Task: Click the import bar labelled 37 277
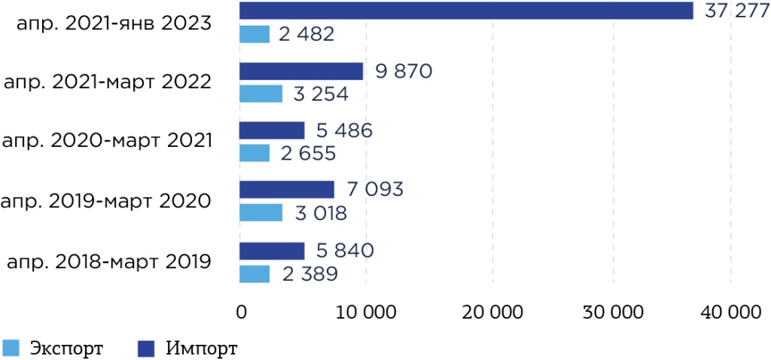pos(466,11)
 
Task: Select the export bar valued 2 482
pos(254,35)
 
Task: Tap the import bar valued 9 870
pos(301,72)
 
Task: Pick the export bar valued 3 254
pos(261,94)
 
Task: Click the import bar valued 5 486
pos(272,130)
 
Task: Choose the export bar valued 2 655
pos(254,153)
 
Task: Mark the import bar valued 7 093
pos(287,189)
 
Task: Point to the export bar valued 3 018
pos(261,212)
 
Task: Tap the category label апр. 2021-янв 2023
pos(113,23)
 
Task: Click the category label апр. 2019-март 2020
pos(105,201)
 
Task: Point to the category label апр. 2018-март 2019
pos(108,262)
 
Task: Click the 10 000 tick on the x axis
pos(364,313)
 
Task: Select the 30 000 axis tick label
pos(612,313)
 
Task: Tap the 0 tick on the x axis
pos(241,313)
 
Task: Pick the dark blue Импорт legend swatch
pos(146,348)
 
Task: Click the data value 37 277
pos(732,11)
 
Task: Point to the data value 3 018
pos(320,213)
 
